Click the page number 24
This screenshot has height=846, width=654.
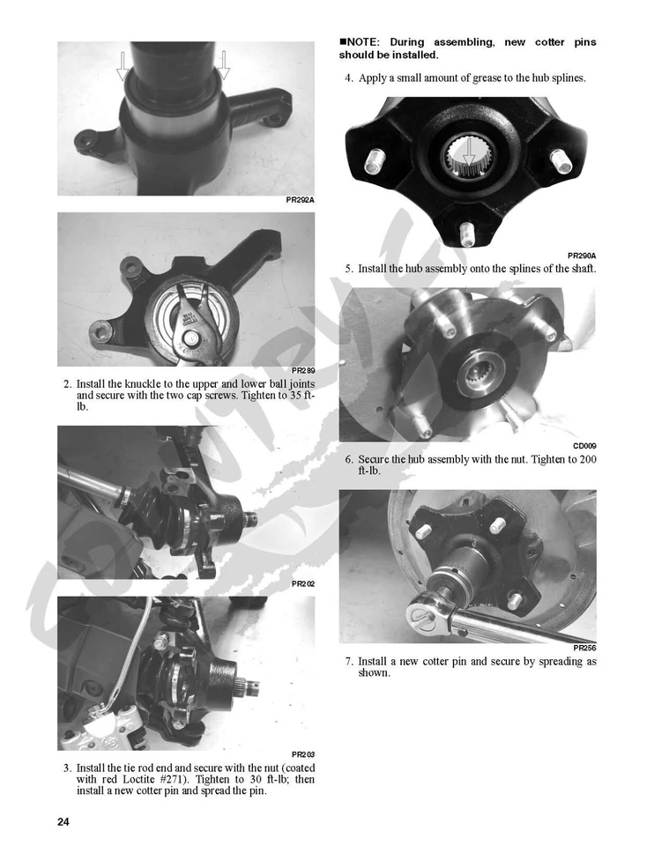pos(63,821)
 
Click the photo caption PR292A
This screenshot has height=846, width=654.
pos(300,201)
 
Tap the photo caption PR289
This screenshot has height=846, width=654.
pos(302,371)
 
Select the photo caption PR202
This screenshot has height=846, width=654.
pos(302,584)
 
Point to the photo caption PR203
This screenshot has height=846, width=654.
pos(302,755)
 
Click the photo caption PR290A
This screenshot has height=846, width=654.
pos(582,255)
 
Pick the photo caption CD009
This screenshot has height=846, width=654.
pos(584,446)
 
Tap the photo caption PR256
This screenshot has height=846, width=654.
pos(583,648)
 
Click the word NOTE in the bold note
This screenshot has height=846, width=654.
pos(364,42)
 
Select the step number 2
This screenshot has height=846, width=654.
pos(67,384)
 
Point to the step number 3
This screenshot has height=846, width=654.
pos(67,768)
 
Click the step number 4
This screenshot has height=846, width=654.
pos(349,78)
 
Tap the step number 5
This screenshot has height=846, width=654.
pos(349,268)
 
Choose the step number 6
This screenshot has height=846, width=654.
pos(349,459)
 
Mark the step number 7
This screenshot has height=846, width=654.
pos(349,661)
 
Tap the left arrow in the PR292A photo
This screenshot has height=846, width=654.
pos(123,64)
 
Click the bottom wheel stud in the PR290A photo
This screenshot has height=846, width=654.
pos(466,231)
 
